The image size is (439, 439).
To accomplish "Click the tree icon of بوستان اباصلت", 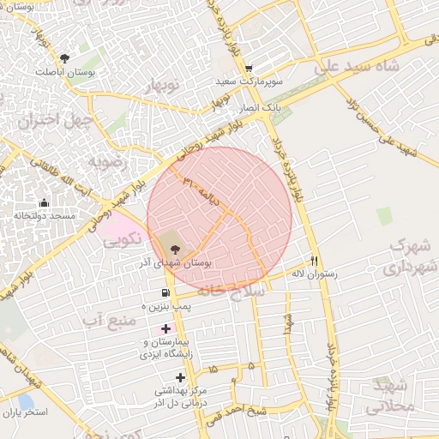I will point(64,58).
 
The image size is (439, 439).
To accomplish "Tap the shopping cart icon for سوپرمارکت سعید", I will point(249,69).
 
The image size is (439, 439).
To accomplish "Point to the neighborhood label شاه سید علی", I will point(358,66).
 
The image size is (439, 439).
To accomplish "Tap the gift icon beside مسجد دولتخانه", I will point(44,203).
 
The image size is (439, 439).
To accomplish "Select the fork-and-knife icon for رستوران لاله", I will point(316,261).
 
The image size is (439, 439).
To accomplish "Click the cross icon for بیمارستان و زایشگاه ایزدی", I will point(165,329).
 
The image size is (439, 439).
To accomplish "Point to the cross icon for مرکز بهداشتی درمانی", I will point(180,377).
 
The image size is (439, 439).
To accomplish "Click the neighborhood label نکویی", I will point(123,242).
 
